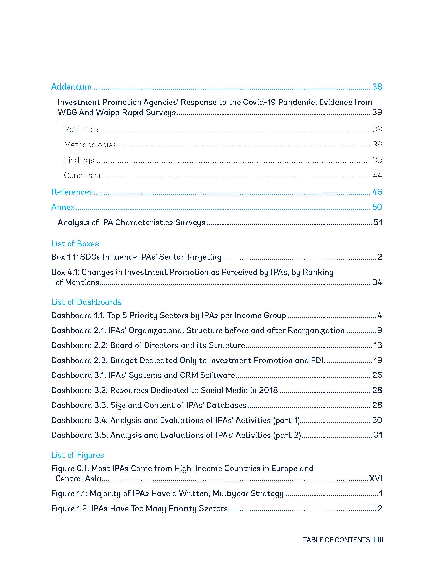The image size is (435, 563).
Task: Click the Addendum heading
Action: (x=71, y=87)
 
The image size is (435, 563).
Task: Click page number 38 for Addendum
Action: (x=377, y=87)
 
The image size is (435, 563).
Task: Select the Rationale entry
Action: (x=81, y=129)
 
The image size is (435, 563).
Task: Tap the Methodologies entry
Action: (x=90, y=145)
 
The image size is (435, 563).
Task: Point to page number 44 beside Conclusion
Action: (x=377, y=175)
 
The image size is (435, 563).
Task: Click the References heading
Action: (x=72, y=192)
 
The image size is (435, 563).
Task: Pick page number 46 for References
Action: (x=377, y=192)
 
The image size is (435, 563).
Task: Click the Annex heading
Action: (x=63, y=207)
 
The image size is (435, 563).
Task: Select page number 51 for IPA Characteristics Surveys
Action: (x=377, y=222)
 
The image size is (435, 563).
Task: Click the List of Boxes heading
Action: (x=75, y=244)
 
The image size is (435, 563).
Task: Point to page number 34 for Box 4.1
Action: (x=377, y=282)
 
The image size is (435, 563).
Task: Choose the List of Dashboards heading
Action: (x=86, y=302)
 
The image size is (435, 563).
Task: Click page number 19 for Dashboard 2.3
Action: (x=377, y=360)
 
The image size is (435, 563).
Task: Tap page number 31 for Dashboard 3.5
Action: (x=377, y=435)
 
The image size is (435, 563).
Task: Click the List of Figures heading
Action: (x=78, y=455)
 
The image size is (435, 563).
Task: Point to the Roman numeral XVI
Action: (x=375, y=479)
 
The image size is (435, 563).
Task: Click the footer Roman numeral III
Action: (x=381, y=540)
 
